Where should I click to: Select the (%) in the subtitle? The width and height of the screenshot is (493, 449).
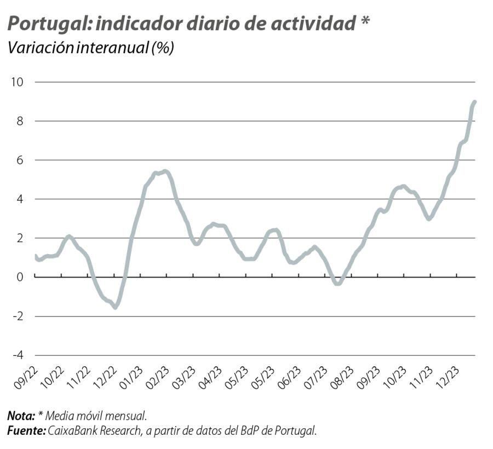(x=163, y=48)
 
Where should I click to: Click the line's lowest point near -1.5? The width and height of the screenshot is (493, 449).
(x=116, y=307)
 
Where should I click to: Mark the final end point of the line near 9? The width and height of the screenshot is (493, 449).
(x=474, y=102)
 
